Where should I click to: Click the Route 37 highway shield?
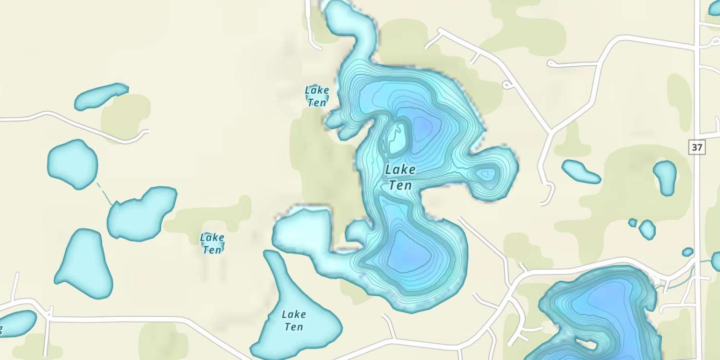coord(697,147)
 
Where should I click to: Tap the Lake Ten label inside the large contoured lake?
coord(400,177)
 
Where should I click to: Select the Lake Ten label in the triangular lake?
coord(293,320)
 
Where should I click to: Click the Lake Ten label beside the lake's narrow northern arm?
coord(317,96)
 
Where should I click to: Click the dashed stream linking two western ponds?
coord(105,194)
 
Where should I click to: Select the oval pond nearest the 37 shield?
coord(665,177)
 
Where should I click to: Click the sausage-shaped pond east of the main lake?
coord(581,172)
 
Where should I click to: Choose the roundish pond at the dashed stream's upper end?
coord(72,164)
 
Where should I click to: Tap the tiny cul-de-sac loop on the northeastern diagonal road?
coord(506,85)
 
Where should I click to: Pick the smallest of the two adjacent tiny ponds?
coord(633,222)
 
